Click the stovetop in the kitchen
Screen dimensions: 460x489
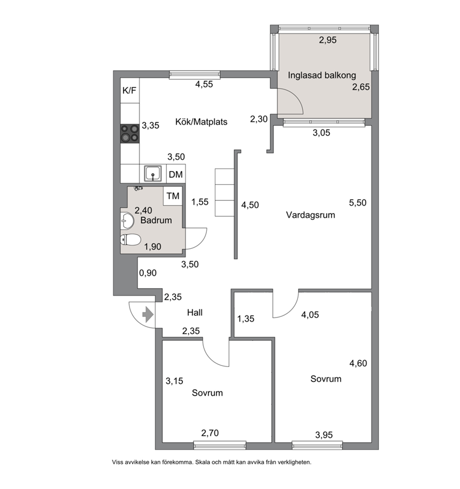click(x=130, y=134)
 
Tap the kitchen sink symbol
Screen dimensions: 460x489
click(x=152, y=174)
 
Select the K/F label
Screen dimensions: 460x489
click(x=129, y=91)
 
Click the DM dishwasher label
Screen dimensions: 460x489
click(x=176, y=174)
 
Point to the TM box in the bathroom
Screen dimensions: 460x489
click(x=173, y=196)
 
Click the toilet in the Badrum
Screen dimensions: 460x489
click(x=131, y=240)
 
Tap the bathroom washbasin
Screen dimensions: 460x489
click(x=127, y=221)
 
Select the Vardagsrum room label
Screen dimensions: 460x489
click(x=311, y=215)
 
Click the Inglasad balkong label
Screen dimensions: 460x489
click(x=322, y=75)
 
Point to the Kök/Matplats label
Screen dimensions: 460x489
click(x=201, y=121)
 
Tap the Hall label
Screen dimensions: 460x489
click(x=195, y=313)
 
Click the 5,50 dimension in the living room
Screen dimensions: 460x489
click(x=358, y=203)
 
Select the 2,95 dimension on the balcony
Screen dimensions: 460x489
click(x=328, y=40)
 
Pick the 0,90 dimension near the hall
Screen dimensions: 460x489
click(x=148, y=273)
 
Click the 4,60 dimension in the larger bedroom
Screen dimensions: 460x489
click(x=358, y=363)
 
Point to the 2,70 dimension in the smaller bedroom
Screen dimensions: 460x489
click(x=210, y=433)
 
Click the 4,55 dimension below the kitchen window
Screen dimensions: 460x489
click(x=204, y=84)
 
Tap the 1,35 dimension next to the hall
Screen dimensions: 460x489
click(x=246, y=319)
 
